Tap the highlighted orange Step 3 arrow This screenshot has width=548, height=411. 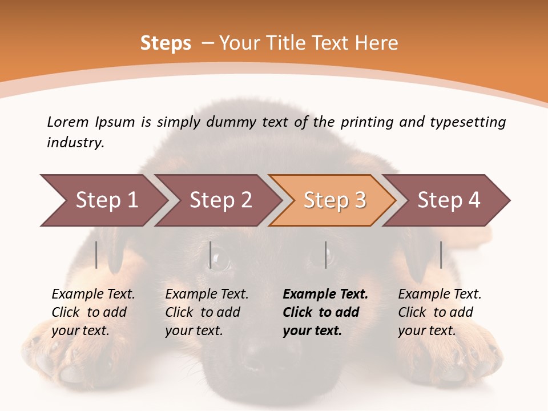click(335, 200)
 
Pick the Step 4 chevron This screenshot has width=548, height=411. click(449, 200)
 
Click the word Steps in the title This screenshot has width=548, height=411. click(166, 43)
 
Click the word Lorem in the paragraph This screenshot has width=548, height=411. click(67, 122)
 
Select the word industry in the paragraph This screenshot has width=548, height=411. click(75, 143)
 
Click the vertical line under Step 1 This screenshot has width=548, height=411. click(96, 255)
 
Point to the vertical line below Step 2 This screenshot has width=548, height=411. click(211, 255)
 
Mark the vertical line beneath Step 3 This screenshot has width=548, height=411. click(326, 255)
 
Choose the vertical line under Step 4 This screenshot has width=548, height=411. click(441, 255)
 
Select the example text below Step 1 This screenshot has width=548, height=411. click(93, 312)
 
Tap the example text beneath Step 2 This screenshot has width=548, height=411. click(207, 312)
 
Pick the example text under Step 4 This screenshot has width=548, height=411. click(440, 312)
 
